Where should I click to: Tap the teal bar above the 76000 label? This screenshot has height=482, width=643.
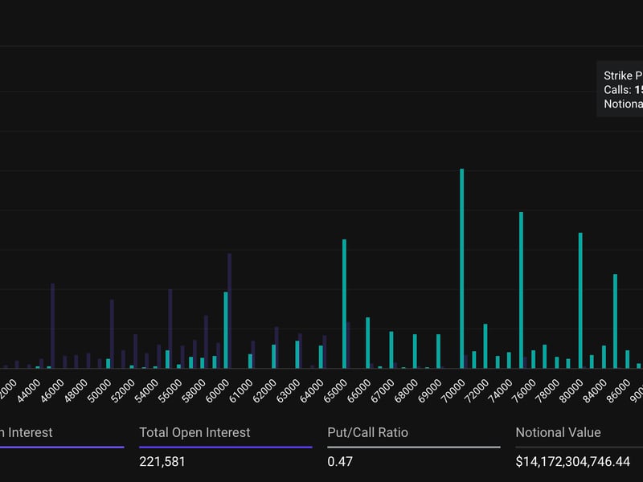point(522,290)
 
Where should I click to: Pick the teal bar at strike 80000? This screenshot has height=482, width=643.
point(580,300)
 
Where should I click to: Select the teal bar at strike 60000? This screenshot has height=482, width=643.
point(225,329)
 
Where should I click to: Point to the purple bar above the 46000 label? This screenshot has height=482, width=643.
point(53,325)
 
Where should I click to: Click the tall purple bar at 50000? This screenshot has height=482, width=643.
point(112,333)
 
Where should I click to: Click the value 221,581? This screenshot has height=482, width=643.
point(162,462)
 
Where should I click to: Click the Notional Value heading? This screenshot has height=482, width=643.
point(558,432)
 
